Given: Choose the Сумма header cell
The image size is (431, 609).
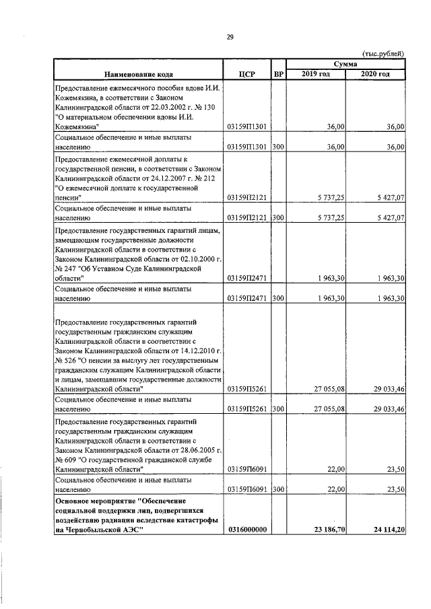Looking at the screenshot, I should pos(345,63).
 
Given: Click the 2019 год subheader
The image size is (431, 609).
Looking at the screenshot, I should pos(315,73).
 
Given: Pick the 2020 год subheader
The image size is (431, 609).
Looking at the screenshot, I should pos(375,73).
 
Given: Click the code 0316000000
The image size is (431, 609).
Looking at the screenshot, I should pos(246,530).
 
